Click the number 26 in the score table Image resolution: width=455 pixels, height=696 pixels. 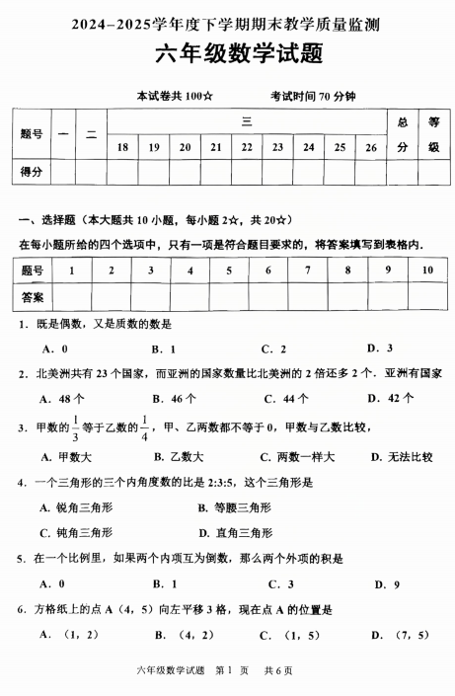coord(371,147)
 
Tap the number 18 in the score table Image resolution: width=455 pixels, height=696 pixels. coord(122,147)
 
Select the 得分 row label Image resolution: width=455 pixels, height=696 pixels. coord(31,172)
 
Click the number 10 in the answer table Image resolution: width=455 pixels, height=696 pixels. coord(427,270)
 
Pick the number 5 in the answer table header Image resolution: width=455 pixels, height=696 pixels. coord(228,270)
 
